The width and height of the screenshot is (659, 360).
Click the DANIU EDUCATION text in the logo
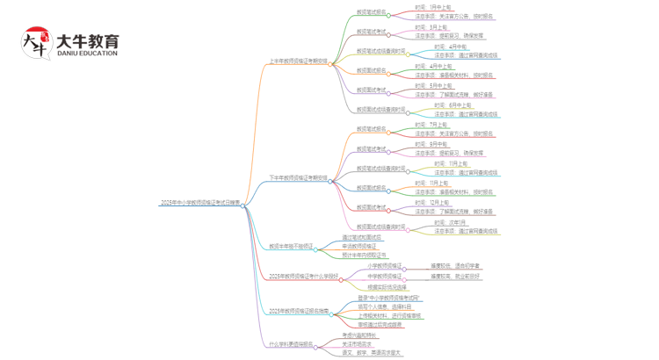[x=86, y=54]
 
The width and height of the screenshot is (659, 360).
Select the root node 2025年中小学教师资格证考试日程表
[x=199, y=204]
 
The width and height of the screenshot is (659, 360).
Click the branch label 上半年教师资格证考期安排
[x=298, y=61]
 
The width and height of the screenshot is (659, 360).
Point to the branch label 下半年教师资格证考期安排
[x=298, y=178]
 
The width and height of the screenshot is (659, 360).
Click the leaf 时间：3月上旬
[x=431, y=27]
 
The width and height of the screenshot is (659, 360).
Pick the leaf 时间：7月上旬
[x=431, y=125]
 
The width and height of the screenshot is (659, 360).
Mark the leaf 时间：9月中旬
[x=431, y=144]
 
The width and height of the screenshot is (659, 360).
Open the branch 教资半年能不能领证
[x=291, y=247]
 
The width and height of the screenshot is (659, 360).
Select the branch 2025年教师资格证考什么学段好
[x=303, y=276]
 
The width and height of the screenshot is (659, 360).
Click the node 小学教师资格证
[x=384, y=265]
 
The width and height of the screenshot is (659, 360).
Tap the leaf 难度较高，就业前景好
[x=455, y=276]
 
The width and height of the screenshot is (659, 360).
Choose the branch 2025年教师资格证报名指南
[x=299, y=311]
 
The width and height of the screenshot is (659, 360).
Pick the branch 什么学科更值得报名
[x=291, y=344]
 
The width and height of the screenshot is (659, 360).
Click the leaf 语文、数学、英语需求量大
[x=372, y=353]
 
